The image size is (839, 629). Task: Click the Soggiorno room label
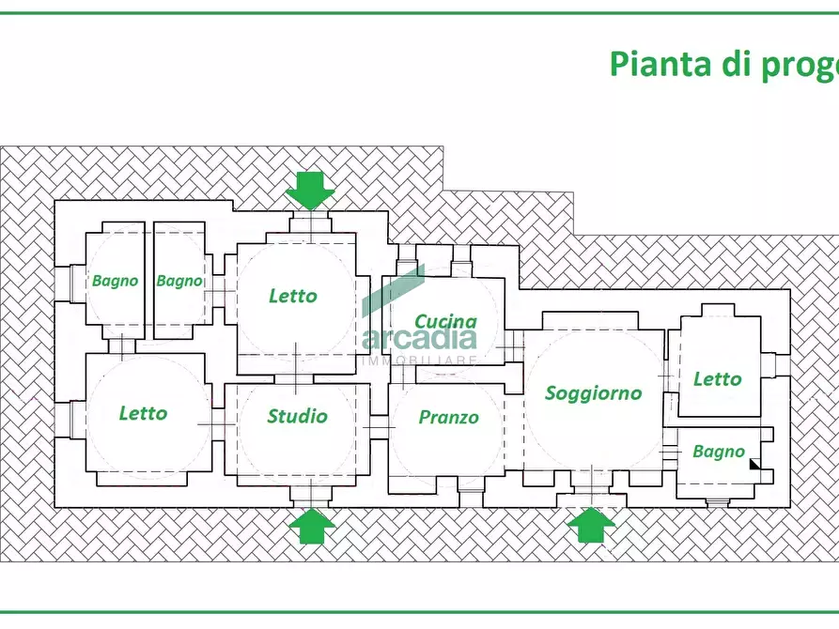click(593, 393)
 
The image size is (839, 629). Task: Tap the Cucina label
click(445, 321)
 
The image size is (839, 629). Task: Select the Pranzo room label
click(448, 417)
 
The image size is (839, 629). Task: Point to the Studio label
click(297, 416)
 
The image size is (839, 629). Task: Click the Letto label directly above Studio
click(293, 296)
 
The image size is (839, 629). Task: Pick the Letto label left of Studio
click(143, 413)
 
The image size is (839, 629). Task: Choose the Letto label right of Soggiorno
click(717, 379)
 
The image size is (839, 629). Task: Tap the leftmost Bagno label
click(115, 281)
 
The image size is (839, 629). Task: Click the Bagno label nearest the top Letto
click(179, 281)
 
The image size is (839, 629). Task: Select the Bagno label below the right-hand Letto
click(718, 452)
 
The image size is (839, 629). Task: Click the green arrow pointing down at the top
click(310, 191)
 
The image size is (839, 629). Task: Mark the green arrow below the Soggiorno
click(591, 525)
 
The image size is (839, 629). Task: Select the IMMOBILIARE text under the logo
click(419, 360)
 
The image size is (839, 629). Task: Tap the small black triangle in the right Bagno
click(754, 462)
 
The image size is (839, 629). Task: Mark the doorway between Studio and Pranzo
click(380, 428)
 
